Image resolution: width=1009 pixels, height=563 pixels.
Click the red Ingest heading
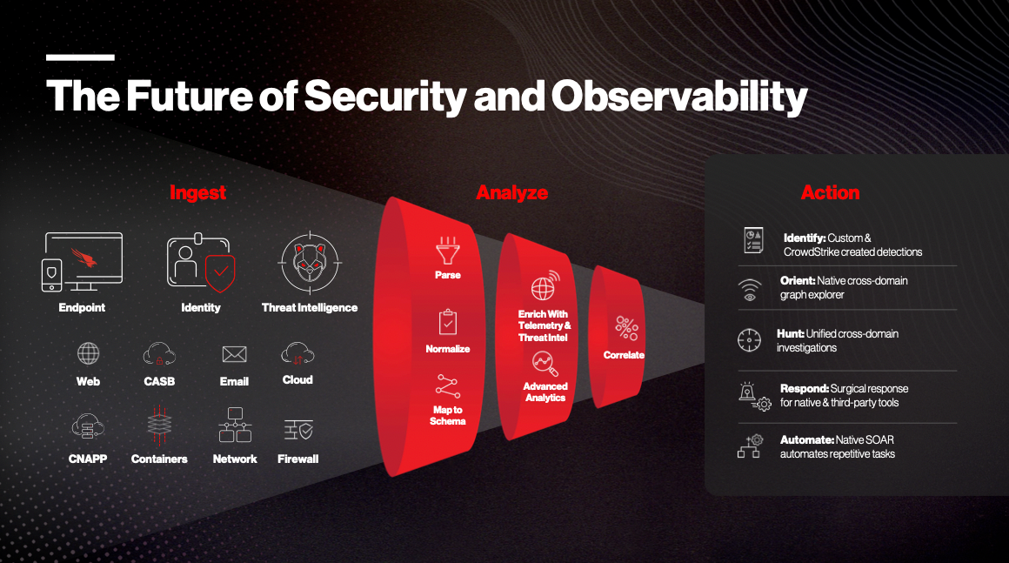(x=197, y=192)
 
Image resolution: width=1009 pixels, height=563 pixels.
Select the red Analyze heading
(x=511, y=192)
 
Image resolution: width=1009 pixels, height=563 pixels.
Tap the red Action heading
(x=830, y=192)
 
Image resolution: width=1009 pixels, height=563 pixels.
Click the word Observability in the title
(x=678, y=97)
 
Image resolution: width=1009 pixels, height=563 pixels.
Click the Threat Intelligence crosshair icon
(x=310, y=263)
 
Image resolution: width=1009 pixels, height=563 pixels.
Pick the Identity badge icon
(x=201, y=263)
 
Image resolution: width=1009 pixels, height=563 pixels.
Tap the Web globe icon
(x=88, y=353)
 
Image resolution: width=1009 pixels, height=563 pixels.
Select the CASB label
(x=159, y=381)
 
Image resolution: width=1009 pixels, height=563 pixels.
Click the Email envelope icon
(x=234, y=354)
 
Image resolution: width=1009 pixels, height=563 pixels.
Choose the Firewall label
(x=298, y=459)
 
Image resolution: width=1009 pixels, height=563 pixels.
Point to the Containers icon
(x=159, y=425)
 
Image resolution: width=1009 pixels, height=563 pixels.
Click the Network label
(x=235, y=459)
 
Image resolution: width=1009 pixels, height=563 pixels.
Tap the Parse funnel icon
(x=448, y=251)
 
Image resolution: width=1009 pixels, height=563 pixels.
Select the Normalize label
(x=448, y=349)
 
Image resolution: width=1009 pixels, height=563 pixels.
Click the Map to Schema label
(x=448, y=416)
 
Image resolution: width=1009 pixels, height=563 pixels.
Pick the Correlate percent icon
(x=626, y=328)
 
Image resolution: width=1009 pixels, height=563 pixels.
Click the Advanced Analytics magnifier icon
(x=545, y=364)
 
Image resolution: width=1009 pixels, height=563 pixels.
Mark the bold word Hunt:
(x=790, y=333)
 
